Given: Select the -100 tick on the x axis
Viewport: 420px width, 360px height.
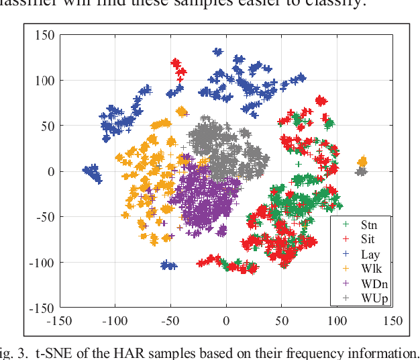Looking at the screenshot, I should coord(115,320).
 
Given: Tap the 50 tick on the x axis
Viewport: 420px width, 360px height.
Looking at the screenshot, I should coord(282,320).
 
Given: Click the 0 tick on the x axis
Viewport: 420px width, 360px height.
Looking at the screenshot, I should coord(226,320).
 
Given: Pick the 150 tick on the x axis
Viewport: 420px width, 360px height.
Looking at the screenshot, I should coord(392,320).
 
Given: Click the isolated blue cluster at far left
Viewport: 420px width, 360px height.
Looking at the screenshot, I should coord(91,173).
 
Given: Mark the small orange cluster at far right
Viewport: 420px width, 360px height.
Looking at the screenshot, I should coord(362,161).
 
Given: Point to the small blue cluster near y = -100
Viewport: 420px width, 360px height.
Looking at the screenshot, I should coord(169,266).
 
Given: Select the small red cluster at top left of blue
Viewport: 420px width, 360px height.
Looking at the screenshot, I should coord(176,65).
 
